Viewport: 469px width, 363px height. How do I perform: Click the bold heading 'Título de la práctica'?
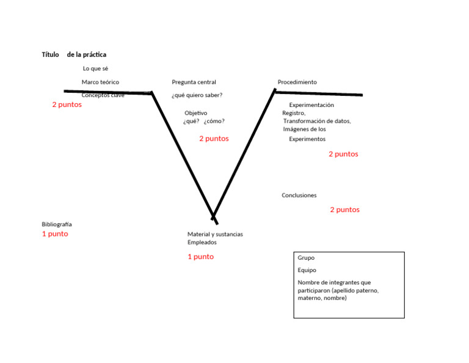(x=74, y=54)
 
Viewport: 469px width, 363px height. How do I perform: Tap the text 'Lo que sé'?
(x=95, y=68)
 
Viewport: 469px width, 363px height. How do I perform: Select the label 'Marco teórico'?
(x=100, y=82)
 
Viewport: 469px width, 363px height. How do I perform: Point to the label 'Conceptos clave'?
(x=103, y=95)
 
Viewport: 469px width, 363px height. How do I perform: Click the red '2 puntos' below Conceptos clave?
(x=67, y=105)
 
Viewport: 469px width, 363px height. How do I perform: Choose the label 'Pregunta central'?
(x=194, y=82)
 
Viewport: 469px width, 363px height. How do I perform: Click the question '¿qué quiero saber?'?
(x=197, y=95)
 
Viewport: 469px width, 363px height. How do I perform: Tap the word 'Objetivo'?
(x=195, y=113)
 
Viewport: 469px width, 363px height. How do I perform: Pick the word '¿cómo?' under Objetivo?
(x=214, y=121)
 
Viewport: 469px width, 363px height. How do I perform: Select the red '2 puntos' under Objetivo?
(x=214, y=139)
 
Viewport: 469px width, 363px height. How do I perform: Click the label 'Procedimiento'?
(x=297, y=82)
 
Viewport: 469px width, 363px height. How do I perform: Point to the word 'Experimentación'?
(x=311, y=105)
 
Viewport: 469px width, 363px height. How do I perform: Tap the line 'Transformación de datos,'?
(x=317, y=121)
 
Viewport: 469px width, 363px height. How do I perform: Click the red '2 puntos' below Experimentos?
(x=343, y=154)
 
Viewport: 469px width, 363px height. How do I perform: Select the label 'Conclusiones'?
(x=299, y=196)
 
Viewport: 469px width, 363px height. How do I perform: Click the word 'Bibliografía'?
(x=57, y=224)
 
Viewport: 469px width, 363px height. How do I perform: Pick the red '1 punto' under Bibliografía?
(x=55, y=234)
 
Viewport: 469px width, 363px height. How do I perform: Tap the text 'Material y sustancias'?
(x=215, y=234)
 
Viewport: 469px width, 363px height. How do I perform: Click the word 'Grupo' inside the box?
(x=306, y=258)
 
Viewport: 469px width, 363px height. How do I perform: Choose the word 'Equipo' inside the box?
(x=307, y=270)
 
